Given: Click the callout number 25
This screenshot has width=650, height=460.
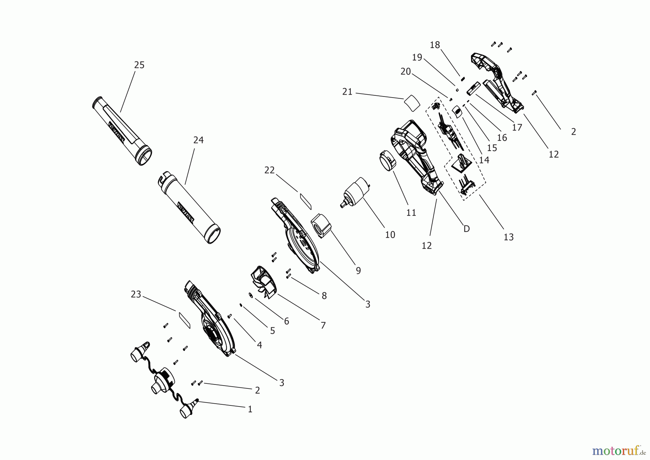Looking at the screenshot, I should [x=139, y=65].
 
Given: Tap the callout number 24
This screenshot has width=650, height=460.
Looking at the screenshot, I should [x=198, y=140].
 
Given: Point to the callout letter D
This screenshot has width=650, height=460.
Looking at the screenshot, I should [x=467, y=229].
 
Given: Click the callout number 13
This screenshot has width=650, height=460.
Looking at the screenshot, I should [x=508, y=237].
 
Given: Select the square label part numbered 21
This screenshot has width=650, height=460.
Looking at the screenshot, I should [x=412, y=102].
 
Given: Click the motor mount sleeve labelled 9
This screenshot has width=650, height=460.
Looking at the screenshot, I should [x=321, y=225].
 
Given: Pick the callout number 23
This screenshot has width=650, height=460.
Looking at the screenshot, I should [x=136, y=295].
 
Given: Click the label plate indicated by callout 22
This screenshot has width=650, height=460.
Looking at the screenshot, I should [x=305, y=201].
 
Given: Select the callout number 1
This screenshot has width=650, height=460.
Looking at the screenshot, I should [x=250, y=409].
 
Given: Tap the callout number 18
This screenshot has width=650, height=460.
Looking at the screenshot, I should [x=435, y=45].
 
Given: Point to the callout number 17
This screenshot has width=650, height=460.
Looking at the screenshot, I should [x=517, y=127].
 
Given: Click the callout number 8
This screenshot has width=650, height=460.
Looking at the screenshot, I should [x=324, y=296].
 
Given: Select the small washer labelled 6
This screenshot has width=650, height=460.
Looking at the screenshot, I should [x=250, y=295].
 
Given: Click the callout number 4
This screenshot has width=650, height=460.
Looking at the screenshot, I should [x=259, y=345].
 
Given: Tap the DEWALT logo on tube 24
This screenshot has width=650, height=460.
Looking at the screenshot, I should [x=186, y=211].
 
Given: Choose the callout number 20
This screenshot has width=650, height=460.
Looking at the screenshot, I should [x=406, y=72].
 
